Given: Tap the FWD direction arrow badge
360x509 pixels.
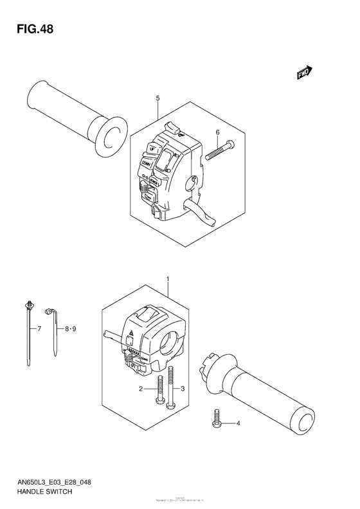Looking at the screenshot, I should (304, 74).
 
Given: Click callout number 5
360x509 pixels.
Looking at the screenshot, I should (157, 98).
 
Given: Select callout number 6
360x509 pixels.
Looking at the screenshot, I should (217, 132).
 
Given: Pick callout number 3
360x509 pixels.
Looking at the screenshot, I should (183, 389).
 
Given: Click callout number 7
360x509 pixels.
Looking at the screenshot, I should (39, 329).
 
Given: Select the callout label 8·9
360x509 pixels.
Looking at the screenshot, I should (71, 329).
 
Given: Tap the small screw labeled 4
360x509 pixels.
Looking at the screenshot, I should (216, 420).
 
